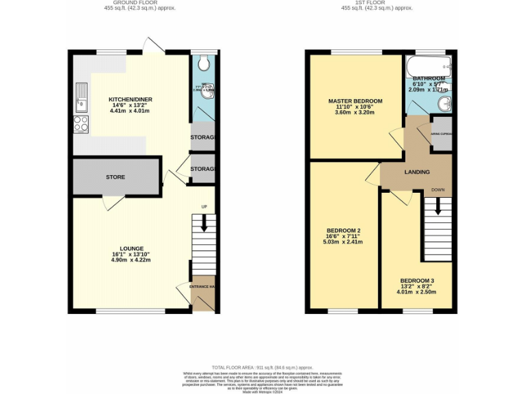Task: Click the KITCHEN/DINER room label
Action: [x=131, y=100]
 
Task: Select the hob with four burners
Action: [x=81, y=124]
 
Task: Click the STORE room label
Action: [x=115, y=177]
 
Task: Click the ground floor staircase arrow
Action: [x=203, y=223]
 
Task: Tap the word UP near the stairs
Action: [x=204, y=207]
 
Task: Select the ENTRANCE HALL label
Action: [x=203, y=286]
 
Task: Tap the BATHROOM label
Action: [x=429, y=79]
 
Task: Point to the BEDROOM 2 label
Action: [x=344, y=230]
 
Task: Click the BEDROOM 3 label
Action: [x=416, y=281]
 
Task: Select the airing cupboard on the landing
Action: [x=440, y=133]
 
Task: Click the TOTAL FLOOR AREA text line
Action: [x=262, y=367]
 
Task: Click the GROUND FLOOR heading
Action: [x=130, y=3]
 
